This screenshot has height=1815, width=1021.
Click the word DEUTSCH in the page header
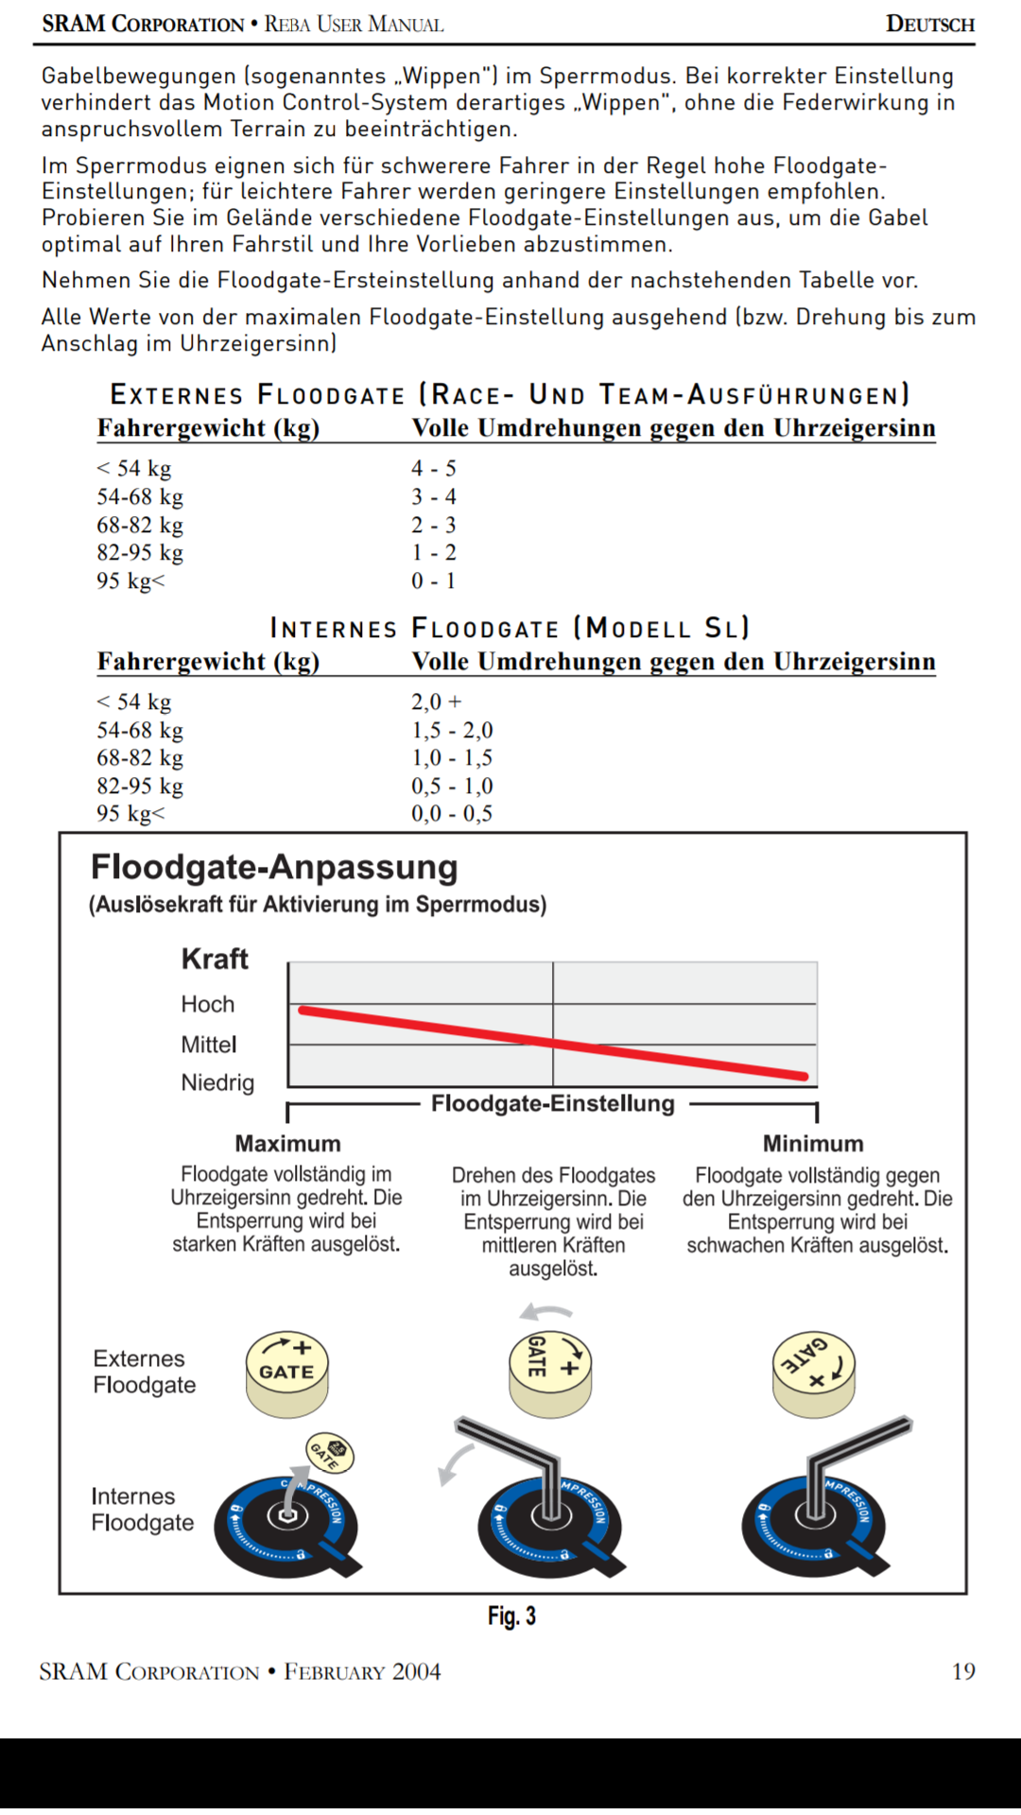(929, 25)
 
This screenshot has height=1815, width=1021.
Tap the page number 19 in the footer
(962, 1671)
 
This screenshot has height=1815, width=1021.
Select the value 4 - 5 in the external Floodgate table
(433, 468)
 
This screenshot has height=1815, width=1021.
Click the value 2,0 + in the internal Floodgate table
(436, 701)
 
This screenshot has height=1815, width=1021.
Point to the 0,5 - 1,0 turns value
(451, 786)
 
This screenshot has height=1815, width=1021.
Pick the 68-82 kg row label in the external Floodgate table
(140, 525)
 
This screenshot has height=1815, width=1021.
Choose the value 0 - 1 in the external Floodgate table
(433, 580)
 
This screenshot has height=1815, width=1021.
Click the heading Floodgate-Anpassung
(274, 867)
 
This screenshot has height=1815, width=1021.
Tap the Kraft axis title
(215, 959)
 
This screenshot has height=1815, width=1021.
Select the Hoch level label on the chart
(207, 1004)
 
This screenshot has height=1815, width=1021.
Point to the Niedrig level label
(217, 1082)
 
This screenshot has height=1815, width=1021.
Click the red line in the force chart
(553, 1043)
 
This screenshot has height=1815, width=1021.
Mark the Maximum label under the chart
(287, 1144)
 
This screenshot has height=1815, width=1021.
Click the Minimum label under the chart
(813, 1144)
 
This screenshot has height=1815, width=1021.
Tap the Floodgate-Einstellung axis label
(553, 1104)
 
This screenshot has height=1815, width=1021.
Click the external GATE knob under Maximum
(287, 1374)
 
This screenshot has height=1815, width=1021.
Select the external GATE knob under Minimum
(814, 1374)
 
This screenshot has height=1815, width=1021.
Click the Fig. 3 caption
(511, 1616)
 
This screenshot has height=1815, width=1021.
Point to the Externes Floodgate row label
(145, 1372)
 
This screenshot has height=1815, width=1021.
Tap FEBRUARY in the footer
(334, 1671)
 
